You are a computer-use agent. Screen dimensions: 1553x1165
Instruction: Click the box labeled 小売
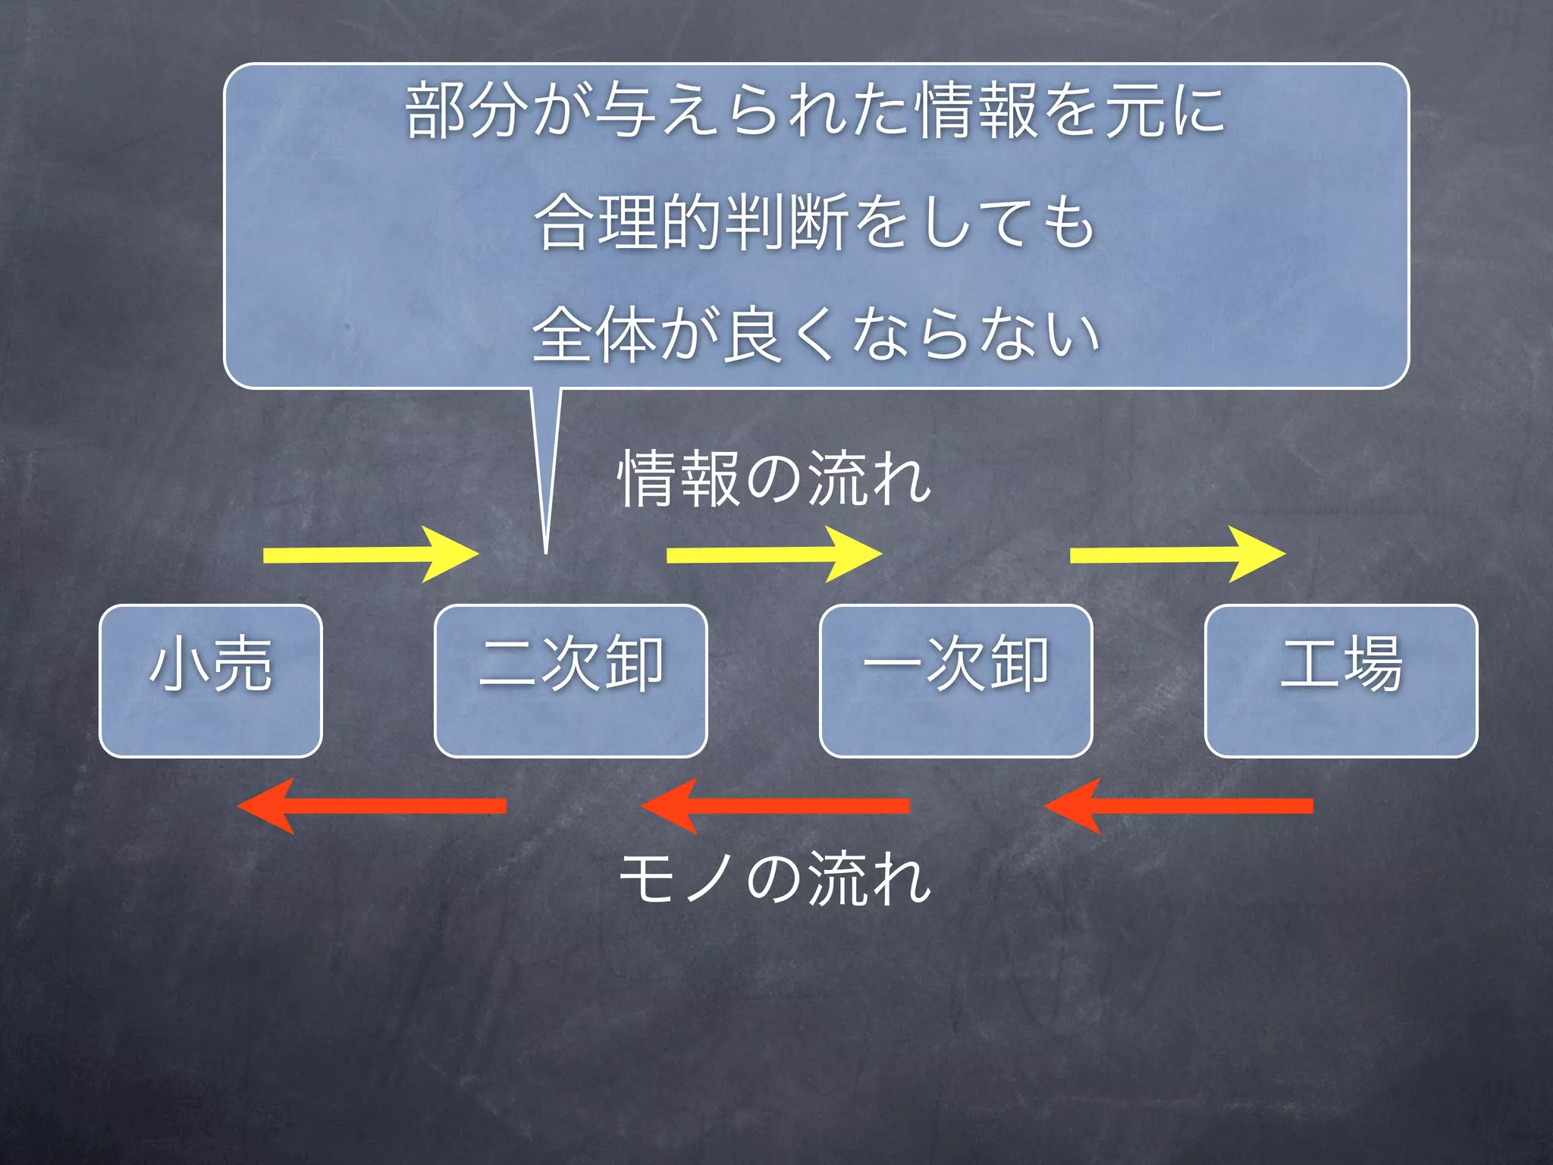tap(211, 680)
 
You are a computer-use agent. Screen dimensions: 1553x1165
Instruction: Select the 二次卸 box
tap(570, 680)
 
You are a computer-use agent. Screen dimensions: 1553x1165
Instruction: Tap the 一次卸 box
tap(955, 680)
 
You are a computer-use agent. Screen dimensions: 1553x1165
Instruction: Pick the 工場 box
tap(1341, 680)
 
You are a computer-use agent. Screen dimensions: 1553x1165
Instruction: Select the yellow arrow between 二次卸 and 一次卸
tap(773, 554)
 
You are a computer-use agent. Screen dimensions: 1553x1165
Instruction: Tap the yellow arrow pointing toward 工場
tap(1177, 554)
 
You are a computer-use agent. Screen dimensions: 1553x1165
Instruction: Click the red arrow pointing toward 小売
tap(372, 805)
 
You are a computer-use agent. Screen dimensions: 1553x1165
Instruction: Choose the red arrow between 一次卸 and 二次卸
tap(775, 805)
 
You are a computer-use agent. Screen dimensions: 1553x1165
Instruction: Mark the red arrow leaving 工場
tap(1178, 805)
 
